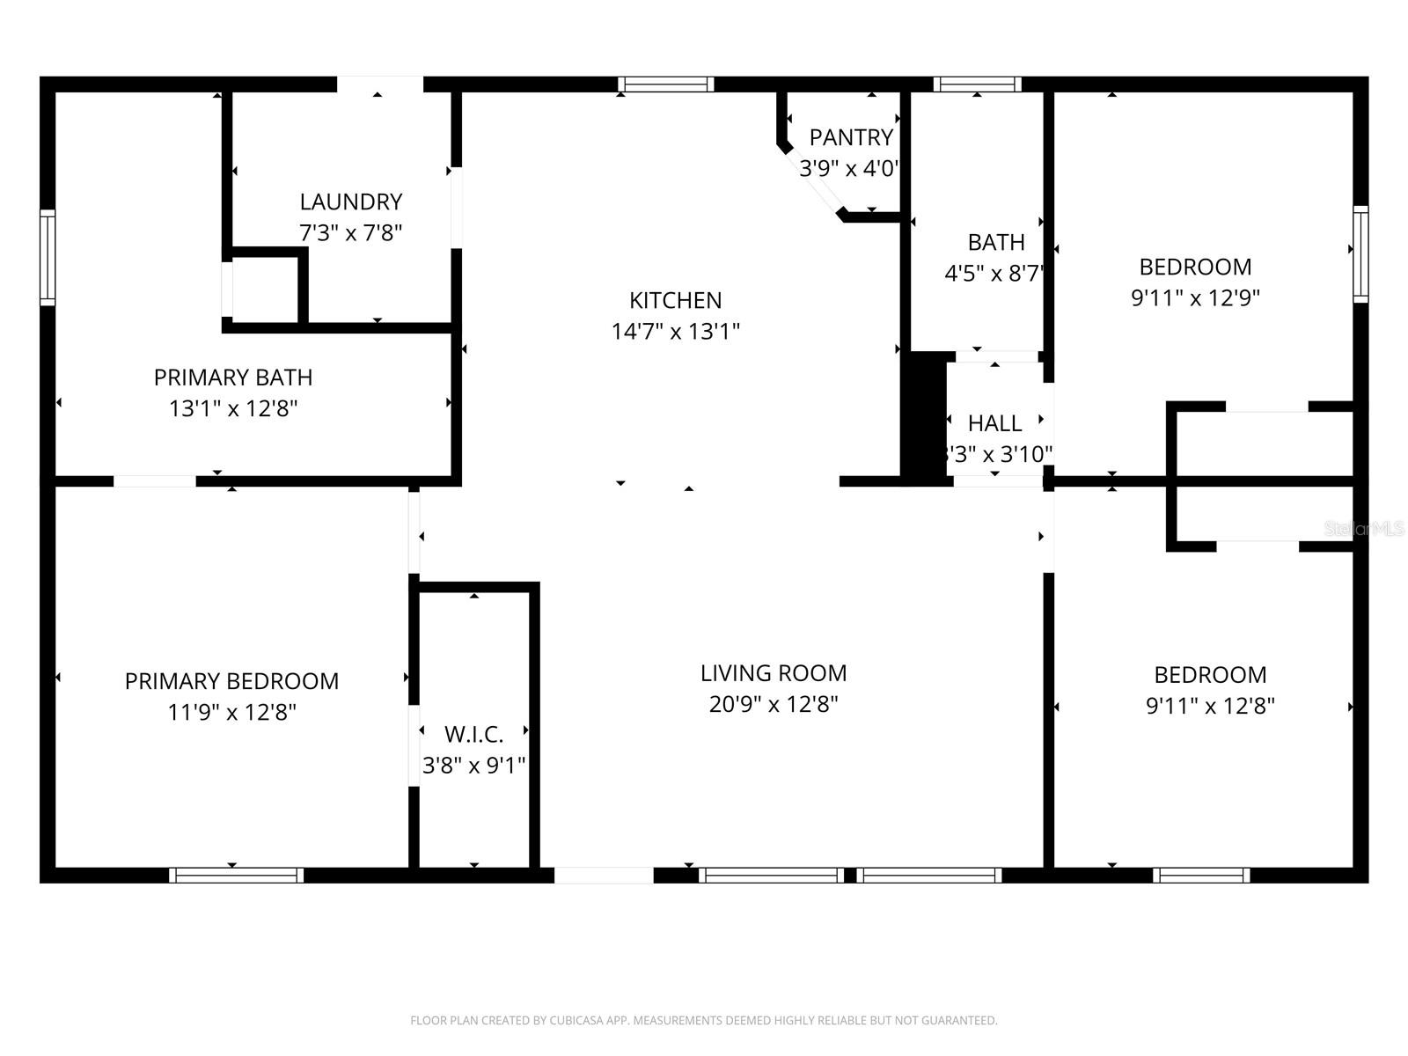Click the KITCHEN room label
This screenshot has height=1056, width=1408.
click(x=675, y=300)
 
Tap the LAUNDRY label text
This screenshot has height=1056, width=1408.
click(x=350, y=202)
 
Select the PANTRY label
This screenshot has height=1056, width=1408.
click(x=850, y=137)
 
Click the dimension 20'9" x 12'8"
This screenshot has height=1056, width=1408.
click(x=773, y=704)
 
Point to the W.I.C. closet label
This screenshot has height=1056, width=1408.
click(x=473, y=734)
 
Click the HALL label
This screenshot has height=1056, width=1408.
click(x=994, y=423)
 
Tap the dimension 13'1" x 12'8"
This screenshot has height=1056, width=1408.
click(x=233, y=408)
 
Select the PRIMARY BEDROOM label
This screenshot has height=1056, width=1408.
click(x=231, y=681)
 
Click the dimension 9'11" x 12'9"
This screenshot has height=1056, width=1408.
click(x=1194, y=297)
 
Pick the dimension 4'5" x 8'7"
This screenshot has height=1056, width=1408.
click(x=994, y=274)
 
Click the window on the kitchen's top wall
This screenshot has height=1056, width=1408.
click(x=665, y=84)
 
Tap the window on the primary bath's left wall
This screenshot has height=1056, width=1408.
click(x=48, y=258)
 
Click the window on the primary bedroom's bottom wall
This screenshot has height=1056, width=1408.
click(x=236, y=875)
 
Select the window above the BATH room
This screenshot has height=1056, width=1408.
click(x=977, y=84)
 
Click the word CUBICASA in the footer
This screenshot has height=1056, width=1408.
click(x=576, y=1021)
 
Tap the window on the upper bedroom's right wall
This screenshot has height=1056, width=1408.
click(x=1360, y=254)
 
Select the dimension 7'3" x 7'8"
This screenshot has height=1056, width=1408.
click(x=350, y=233)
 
